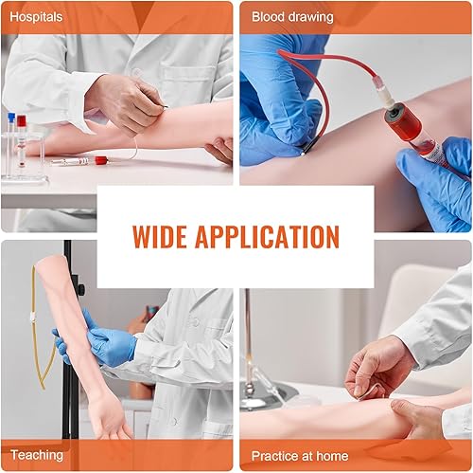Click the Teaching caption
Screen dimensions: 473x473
point(37,455)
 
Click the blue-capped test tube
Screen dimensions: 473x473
point(10,133)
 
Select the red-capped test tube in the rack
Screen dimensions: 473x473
point(25,133)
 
